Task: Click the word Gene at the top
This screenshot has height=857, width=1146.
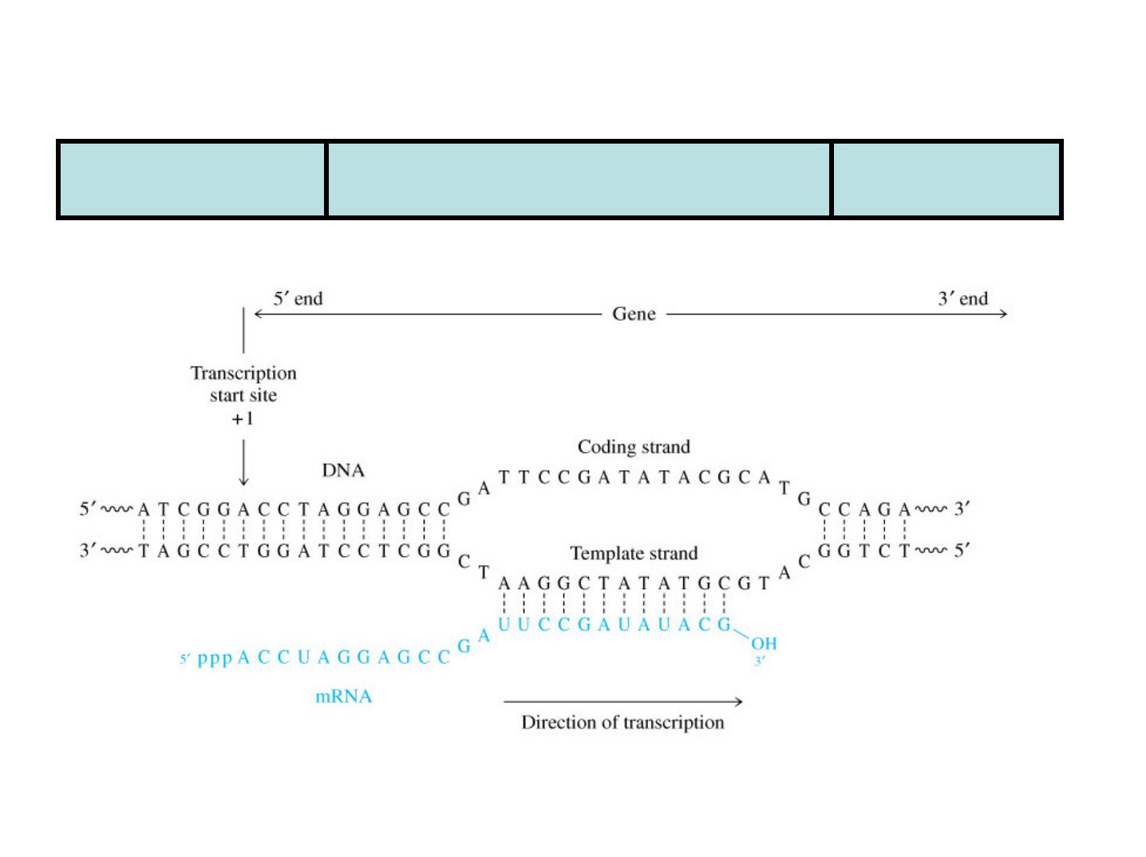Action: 634,314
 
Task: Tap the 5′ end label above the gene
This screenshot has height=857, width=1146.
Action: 298,299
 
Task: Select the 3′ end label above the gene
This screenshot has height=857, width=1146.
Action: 962,299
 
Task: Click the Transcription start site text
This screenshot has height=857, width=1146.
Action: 243,384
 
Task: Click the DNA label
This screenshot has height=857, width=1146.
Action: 343,470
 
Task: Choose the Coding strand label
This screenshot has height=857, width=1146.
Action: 634,447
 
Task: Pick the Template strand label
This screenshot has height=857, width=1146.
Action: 634,553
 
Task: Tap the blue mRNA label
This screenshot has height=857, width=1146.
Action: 343,697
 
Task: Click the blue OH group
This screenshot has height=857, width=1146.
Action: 763,643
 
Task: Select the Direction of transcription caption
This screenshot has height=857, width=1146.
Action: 622,722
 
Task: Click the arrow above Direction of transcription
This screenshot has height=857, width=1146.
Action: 622,701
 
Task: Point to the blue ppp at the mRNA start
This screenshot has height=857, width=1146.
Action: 215,658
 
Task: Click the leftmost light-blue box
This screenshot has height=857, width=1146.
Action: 192,180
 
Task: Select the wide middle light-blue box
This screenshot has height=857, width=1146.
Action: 579,180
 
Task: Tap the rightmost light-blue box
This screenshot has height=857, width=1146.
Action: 946,180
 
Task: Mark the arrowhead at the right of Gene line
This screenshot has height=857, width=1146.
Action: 1004,314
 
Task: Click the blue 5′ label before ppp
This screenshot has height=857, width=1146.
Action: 185,659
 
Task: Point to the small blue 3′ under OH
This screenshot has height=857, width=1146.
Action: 759,661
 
